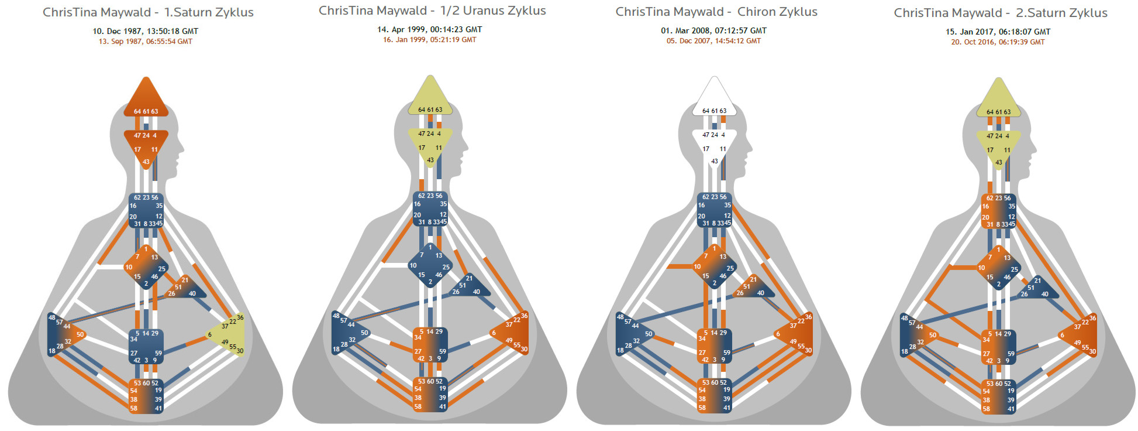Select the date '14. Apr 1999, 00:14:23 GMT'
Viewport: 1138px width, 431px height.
click(x=430, y=29)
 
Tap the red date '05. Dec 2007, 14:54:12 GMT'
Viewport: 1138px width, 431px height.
click(x=713, y=41)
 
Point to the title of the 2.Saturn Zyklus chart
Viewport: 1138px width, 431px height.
click(x=1001, y=13)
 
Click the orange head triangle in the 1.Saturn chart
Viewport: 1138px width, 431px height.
click(x=146, y=97)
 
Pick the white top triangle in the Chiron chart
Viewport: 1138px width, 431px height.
click(x=714, y=97)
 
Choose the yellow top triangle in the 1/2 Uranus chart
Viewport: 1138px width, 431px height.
click(x=430, y=96)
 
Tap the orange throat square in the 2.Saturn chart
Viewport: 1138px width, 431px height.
click(x=998, y=211)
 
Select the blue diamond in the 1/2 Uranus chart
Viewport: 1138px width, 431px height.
click(x=430, y=265)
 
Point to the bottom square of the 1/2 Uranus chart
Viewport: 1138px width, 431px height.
click(x=430, y=394)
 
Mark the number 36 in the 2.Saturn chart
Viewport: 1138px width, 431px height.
click(x=1092, y=318)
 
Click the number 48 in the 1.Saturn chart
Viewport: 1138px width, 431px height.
click(x=51, y=318)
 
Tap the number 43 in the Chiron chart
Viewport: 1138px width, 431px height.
click(x=715, y=161)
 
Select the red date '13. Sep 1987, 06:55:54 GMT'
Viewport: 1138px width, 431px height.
click(x=146, y=42)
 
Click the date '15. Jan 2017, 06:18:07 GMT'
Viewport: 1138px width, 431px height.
click(x=998, y=32)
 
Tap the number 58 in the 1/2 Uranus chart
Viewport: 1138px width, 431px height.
click(x=418, y=406)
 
